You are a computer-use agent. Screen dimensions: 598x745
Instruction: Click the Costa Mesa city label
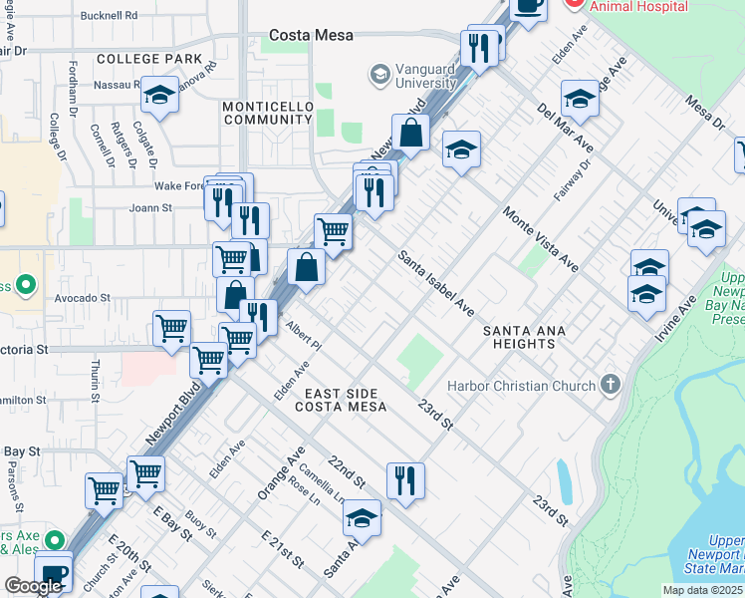click(311, 35)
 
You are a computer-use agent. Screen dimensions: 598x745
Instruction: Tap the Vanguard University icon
click(379, 74)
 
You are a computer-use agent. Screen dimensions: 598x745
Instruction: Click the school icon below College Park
click(159, 95)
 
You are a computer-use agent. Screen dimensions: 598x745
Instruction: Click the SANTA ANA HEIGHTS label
click(526, 337)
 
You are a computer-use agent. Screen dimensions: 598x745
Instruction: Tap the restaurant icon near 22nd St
click(404, 479)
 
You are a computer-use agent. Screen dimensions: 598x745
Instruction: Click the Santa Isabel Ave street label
click(436, 282)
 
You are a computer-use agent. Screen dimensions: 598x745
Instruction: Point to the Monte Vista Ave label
click(541, 239)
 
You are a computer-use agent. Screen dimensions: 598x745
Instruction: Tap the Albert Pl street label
click(303, 334)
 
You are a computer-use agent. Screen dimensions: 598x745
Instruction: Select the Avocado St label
click(83, 297)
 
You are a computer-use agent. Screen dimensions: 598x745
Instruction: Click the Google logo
click(33, 586)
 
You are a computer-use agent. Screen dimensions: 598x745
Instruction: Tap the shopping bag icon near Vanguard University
click(410, 132)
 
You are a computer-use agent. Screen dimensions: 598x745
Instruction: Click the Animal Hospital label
click(638, 6)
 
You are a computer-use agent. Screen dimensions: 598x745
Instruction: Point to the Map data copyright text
click(702, 590)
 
